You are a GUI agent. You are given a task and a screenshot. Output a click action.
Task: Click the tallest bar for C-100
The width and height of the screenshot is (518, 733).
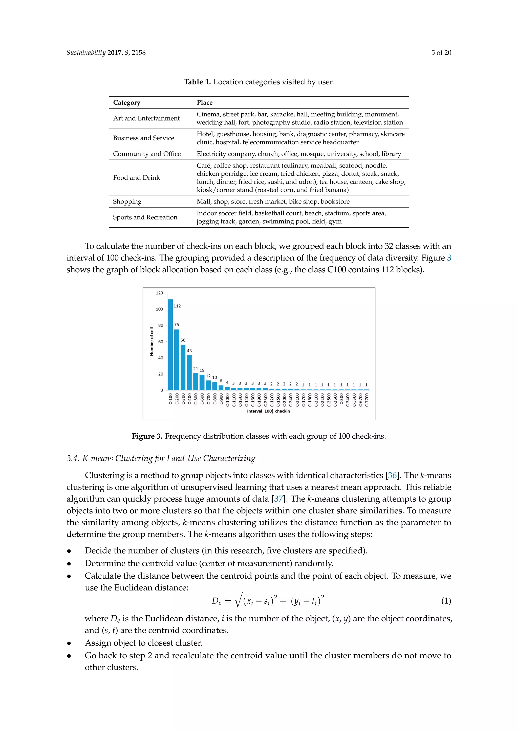pyautogui.click(x=170, y=345)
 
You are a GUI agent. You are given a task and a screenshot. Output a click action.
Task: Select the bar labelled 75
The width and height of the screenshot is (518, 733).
pyautogui.click(x=177, y=360)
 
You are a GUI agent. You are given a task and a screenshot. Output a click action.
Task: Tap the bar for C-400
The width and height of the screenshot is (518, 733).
pyautogui.click(x=189, y=373)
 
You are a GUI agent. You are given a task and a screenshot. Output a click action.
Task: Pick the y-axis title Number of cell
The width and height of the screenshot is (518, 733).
pyautogui.click(x=152, y=341)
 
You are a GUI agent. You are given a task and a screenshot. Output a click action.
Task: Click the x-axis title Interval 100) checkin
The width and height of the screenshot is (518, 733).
pyautogui.click(x=268, y=411)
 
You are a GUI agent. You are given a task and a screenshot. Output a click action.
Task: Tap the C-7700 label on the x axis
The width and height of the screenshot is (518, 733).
pyautogui.click(x=367, y=400)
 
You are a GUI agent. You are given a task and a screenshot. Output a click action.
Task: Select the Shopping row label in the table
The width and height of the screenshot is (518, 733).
pyautogui.click(x=127, y=202)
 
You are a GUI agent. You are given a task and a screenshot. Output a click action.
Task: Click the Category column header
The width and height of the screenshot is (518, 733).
pyautogui.click(x=127, y=103)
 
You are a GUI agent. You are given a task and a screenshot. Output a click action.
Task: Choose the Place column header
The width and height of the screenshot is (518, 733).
pyautogui.click(x=204, y=103)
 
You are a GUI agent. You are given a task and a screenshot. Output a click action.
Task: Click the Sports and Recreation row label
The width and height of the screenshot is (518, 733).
pyautogui.click(x=145, y=217)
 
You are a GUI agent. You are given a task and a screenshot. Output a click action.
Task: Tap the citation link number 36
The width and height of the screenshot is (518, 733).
pyautogui.click(x=392, y=476)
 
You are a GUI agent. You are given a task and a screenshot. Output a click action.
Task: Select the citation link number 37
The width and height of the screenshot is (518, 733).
pyautogui.click(x=278, y=499)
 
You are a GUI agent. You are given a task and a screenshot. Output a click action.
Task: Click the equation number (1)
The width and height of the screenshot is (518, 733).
pyautogui.click(x=446, y=601)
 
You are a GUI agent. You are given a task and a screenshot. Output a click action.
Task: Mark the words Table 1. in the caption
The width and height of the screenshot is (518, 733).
pyautogui.click(x=197, y=82)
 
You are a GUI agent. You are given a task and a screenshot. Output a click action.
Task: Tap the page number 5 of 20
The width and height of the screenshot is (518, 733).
pyautogui.click(x=441, y=53)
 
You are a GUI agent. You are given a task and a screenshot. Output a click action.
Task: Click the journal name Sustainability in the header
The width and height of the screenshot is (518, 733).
pyautogui.click(x=86, y=53)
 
